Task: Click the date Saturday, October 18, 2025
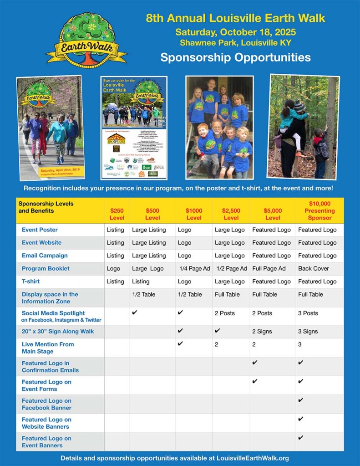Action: tap(235, 32)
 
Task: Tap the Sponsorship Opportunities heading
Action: tap(235, 58)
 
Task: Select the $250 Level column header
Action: tap(117, 214)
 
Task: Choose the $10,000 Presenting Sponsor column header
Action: tap(319, 210)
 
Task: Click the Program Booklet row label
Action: tap(46, 268)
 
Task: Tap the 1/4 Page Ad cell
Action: tap(194, 268)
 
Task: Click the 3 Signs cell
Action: tap(308, 331)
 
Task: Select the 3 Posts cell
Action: tap(308, 313)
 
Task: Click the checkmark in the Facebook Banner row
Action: tap(300, 400)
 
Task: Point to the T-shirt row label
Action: tap(31, 282)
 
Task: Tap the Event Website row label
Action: tap(41, 242)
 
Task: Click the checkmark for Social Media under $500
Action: tap(135, 312)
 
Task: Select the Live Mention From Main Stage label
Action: tap(48, 348)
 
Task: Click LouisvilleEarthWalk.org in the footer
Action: tap(253, 458)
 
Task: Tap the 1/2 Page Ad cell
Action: tap(231, 268)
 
